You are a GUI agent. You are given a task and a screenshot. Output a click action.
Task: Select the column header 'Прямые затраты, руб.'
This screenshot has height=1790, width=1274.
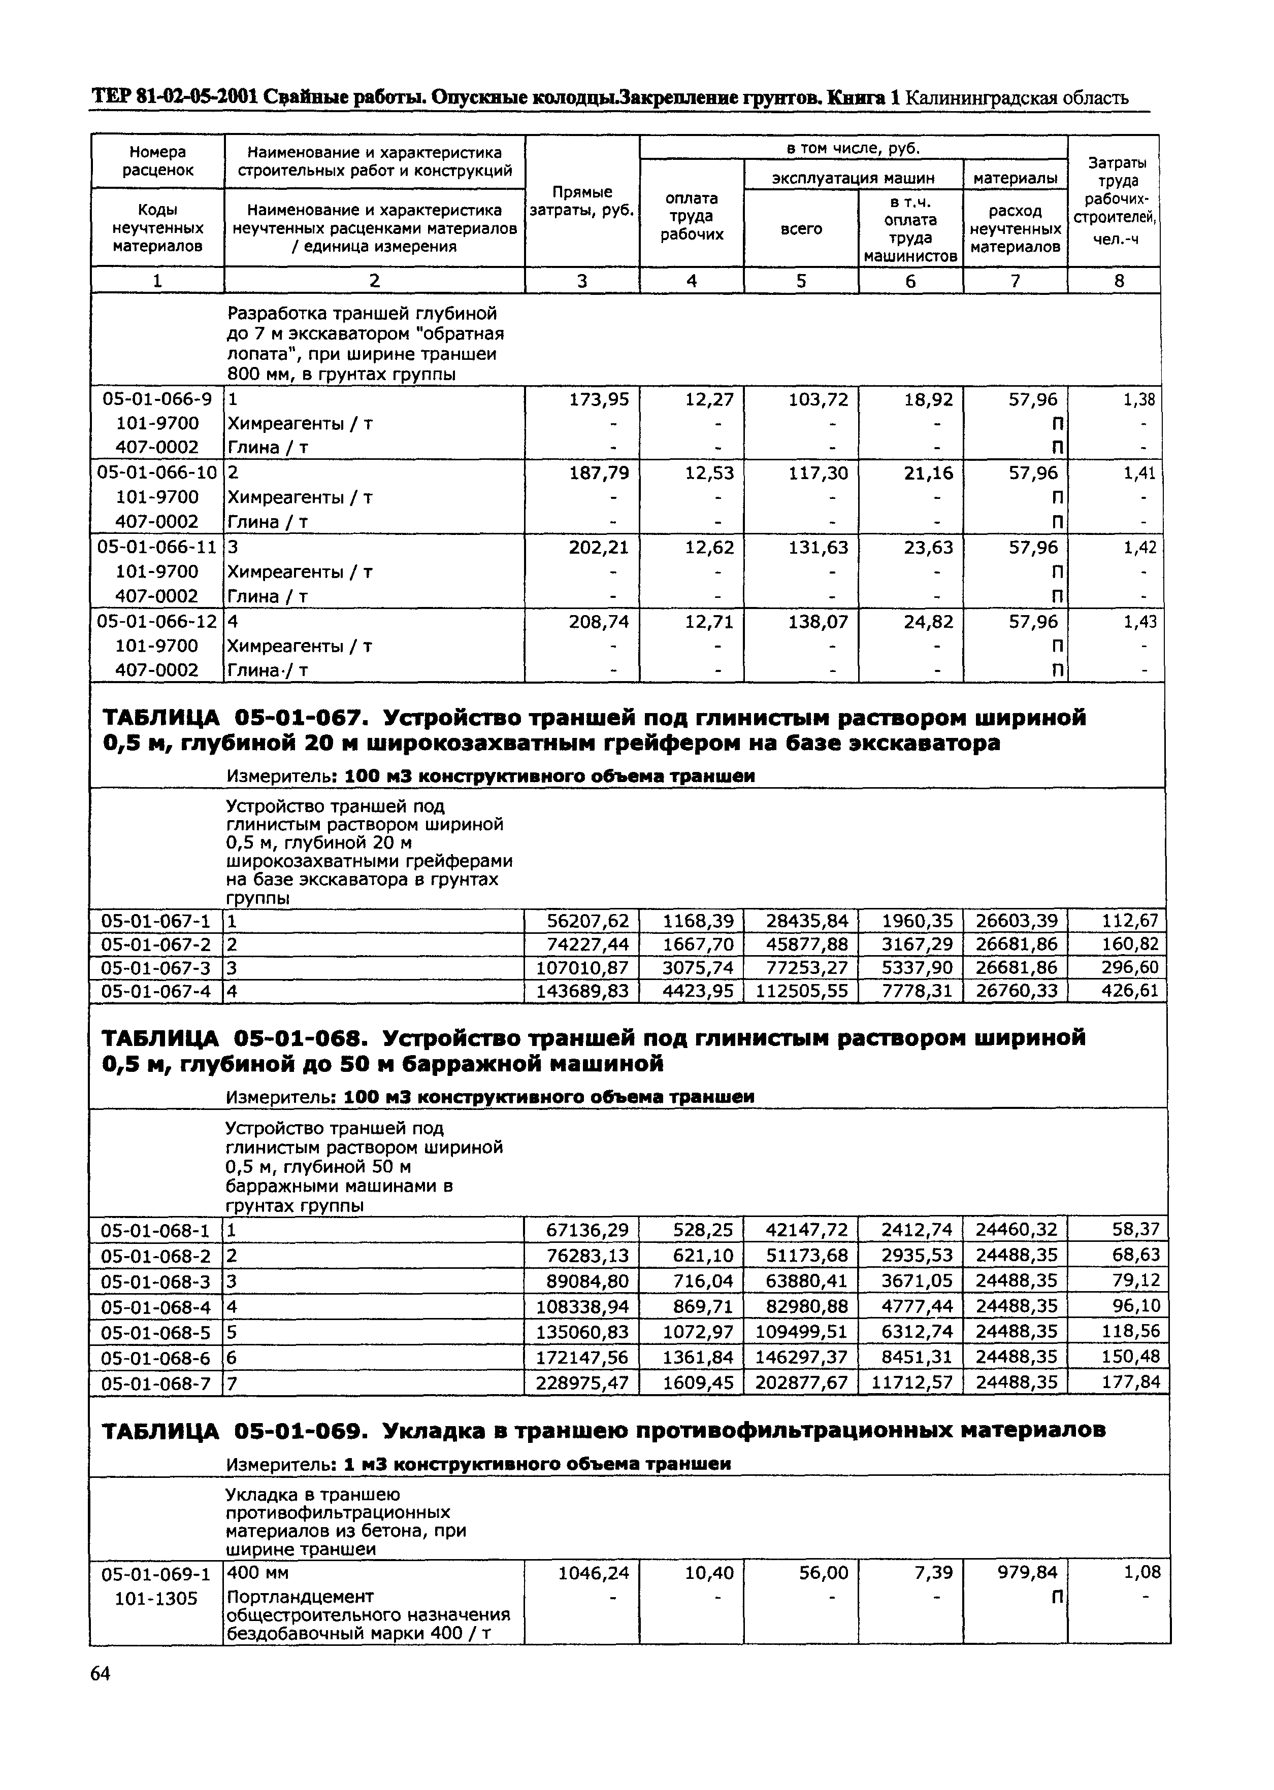[x=582, y=201]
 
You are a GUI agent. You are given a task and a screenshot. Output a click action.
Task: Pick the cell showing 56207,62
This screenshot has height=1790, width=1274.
[x=587, y=921]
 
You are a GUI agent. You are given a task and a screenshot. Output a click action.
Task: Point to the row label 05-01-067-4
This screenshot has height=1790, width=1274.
[x=156, y=991]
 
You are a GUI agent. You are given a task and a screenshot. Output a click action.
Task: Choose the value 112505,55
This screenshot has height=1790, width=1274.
[x=802, y=991]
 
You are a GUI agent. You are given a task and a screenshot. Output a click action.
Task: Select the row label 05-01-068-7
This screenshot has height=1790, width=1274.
[x=156, y=1382]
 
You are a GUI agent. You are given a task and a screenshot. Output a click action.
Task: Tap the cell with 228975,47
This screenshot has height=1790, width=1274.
[x=582, y=1382]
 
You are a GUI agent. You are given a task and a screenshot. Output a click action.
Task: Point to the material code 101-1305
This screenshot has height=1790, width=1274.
[x=156, y=1598]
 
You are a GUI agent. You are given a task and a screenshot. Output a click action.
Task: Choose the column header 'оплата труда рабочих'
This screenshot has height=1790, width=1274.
[x=691, y=216]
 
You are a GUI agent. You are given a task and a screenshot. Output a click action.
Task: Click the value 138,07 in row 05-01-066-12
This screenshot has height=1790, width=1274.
[x=818, y=622]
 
